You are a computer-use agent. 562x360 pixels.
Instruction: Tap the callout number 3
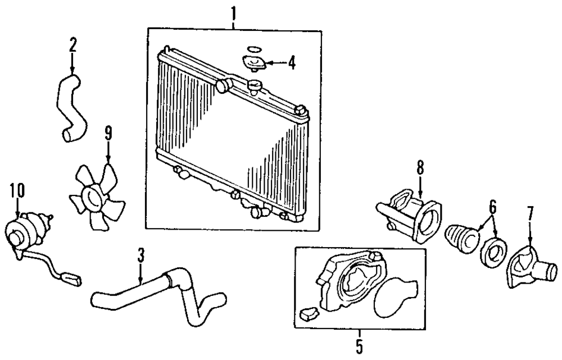141,257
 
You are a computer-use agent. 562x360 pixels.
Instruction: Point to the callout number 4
291,62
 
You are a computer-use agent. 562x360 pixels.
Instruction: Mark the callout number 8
420,167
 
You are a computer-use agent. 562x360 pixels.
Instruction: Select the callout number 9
108,133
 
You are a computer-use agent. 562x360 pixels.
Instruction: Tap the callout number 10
17,190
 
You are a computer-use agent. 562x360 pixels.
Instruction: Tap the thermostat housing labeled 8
413,217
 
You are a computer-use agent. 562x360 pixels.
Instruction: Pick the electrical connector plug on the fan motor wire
72,277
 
